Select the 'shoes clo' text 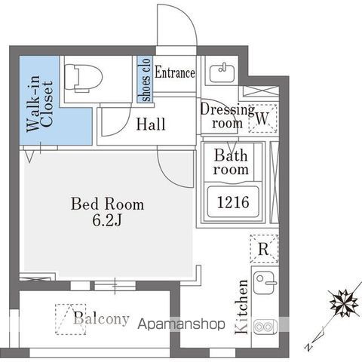click(x=145, y=80)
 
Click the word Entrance click(x=175, y=73)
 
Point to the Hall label click(x=151, y=124)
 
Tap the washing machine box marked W click(x=262, y=118)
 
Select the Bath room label click(x=230, y=163)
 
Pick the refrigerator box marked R click(x=263, y=248)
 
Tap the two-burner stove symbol click(x=264, y=327)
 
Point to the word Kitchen click(x=243, y=307)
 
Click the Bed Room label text click(x=107, y=204)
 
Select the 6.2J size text click(x=108, y=221)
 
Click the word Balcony click(x=102, y=318)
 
